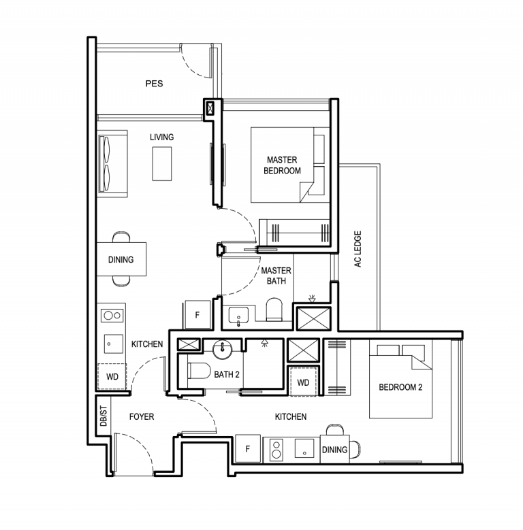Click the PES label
click(x=155, y=84)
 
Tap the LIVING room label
click(x=161, y=137)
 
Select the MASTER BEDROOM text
click(x=282, y=165)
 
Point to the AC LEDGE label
click(x=358, y=249)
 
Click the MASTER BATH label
click(x=276, y=276)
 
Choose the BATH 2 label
click(x=227, y=374)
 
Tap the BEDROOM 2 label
click(x=400, y=387)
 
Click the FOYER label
click(x=142, y=417)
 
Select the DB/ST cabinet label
click(x=104, y=416)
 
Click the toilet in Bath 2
click(x=199, y=371)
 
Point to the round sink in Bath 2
click(x=222, y=350)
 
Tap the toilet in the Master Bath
click(x=274, y=310)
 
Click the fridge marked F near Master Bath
click(x=198, y=315)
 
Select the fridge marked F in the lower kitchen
click(x=248, y=448)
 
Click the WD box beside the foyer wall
click(x=112, y=376)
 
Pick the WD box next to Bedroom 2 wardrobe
click(x=303, y=382)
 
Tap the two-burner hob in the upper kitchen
click(x=112, y=316)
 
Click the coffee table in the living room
click(x=162, y=163)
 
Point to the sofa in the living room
click(x=112, y=164)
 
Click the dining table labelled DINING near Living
click(x=121, y=259)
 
